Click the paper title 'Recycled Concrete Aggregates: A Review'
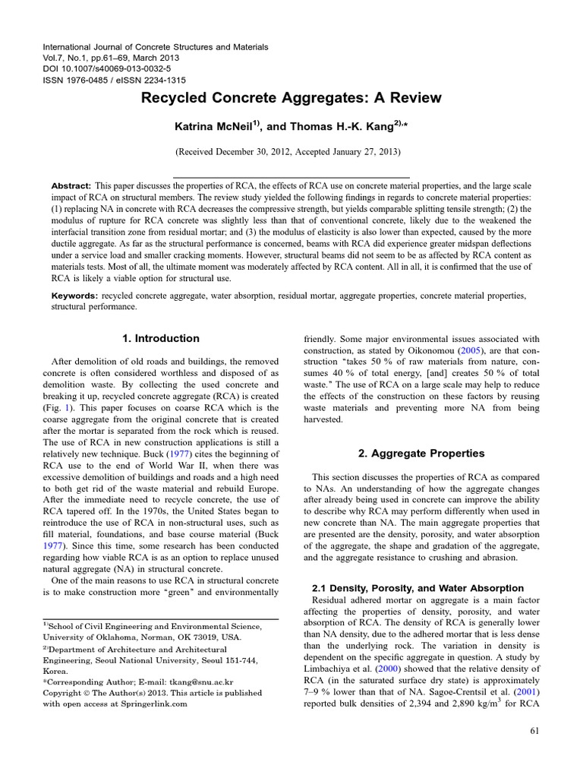[291, 98]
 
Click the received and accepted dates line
[291, 152]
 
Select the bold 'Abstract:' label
[71, 186]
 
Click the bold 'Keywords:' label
[75, 294]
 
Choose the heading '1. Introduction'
[161, 339]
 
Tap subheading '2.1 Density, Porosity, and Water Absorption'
[418, 588]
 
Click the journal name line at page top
[156, 47]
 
